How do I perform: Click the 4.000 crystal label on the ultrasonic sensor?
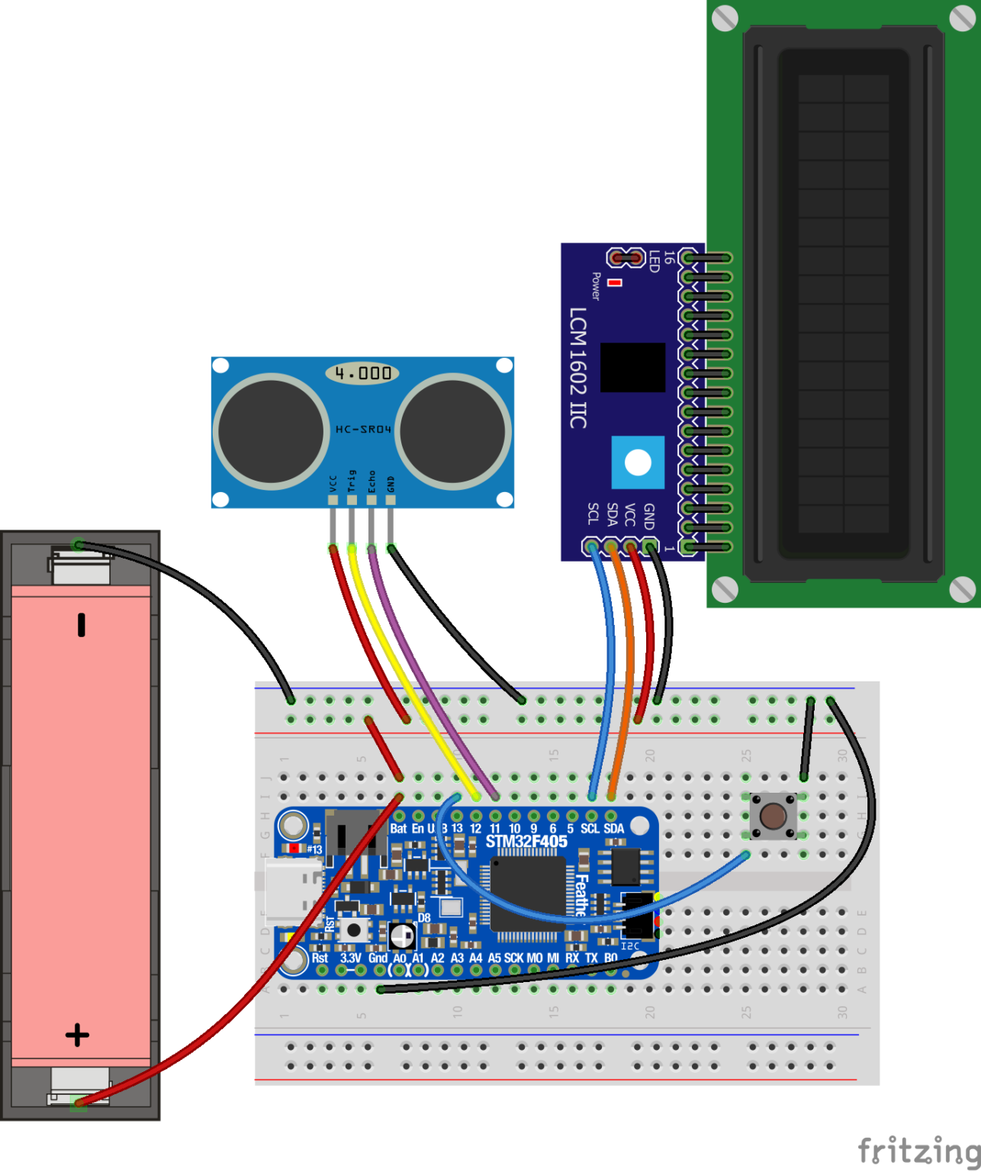coord(363,373)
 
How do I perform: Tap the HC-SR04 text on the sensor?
coord(363,430)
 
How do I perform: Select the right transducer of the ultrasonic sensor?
coord(453,431)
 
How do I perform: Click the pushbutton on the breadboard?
coord(774,816)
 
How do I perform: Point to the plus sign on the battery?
coord(77,1035)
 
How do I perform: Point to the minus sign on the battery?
coord(81,625)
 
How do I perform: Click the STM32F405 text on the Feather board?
coord(526,842)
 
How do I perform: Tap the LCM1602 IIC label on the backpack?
coord(577,367)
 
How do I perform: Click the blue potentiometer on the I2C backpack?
coord(638,462)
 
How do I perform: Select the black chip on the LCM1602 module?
coord(632,367)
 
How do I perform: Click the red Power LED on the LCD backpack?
coord(615,282)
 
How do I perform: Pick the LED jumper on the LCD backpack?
coord(626,258)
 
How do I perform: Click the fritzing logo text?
coord(918,1149)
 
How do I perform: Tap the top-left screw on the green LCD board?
coord(725,17)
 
